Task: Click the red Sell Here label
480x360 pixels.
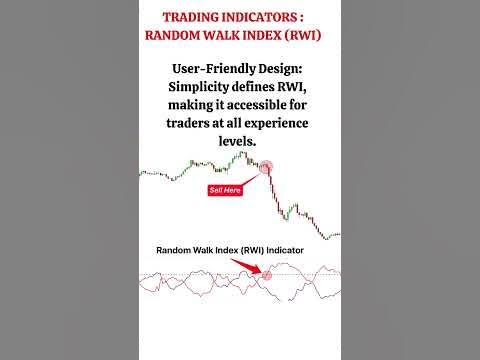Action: coord(225,190)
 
